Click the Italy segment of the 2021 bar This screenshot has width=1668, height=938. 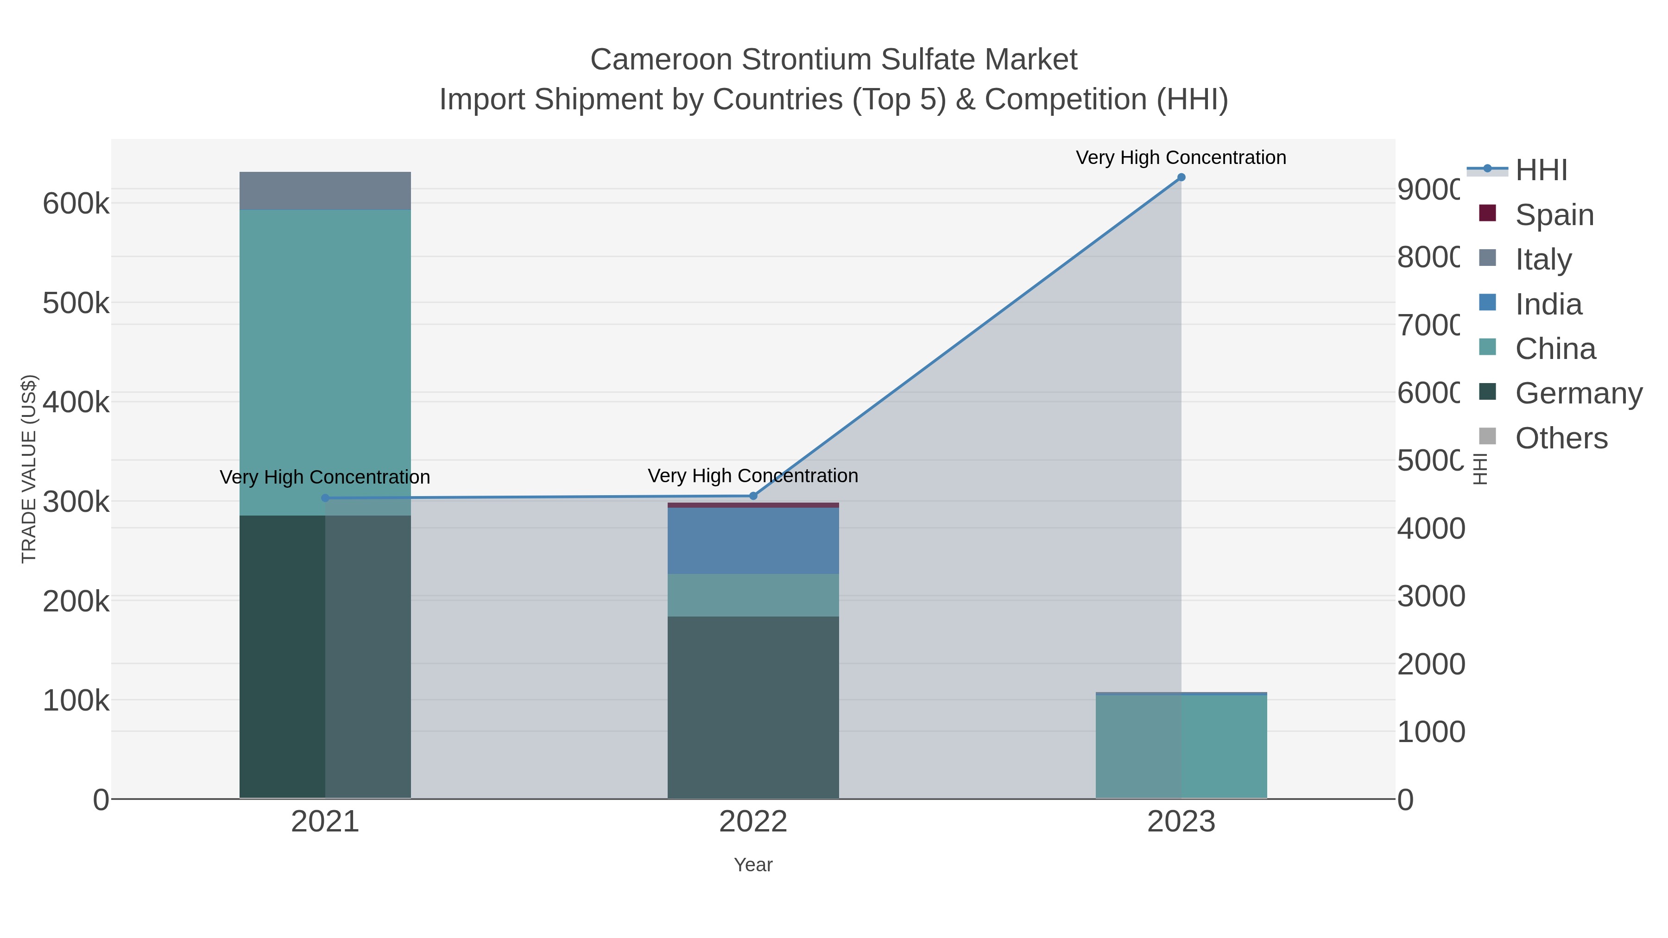tap(325, 191)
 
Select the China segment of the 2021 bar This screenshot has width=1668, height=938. tap(325, 363)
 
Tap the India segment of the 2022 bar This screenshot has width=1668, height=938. tap(753, 541)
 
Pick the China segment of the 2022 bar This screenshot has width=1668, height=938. tap(753, 595)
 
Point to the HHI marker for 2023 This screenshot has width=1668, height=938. tap(1181, 177)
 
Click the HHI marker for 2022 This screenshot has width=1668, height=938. tap(753, 496)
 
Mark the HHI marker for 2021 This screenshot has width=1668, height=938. tap(325, 498)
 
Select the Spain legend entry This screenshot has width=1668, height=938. tap(1554, 215)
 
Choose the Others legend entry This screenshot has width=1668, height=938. tap(1561, 438)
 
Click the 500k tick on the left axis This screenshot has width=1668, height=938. tap(76, 303)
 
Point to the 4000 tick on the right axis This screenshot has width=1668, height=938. tap(1430, 529)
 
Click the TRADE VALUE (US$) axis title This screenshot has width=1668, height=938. tap(29, 469)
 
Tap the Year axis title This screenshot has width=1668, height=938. tap(753, 865)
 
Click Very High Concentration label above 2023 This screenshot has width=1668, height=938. tap(1181, 157)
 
